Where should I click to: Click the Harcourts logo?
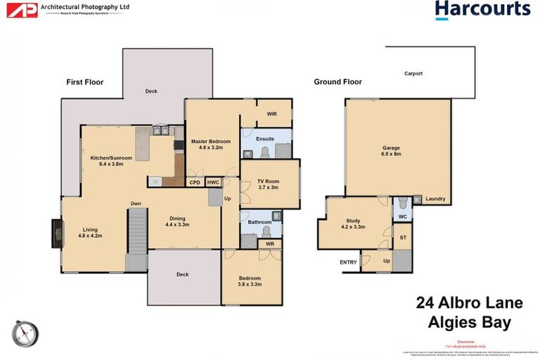(482, 10)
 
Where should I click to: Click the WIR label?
(271, 114)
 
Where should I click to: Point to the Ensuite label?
(265, 139)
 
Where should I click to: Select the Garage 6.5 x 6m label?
(391, 152)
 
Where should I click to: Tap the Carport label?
(413, 73)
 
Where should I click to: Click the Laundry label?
(435, 199)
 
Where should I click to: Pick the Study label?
(353, 224)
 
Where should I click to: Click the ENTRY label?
(348, 262)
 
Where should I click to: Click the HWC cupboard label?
(213, 182)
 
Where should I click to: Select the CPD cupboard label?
(194, 182)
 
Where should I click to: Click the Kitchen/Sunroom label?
(111, 161)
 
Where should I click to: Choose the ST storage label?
(403, 238)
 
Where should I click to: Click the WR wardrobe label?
(269, 245)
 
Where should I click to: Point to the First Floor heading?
(84, 82)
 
